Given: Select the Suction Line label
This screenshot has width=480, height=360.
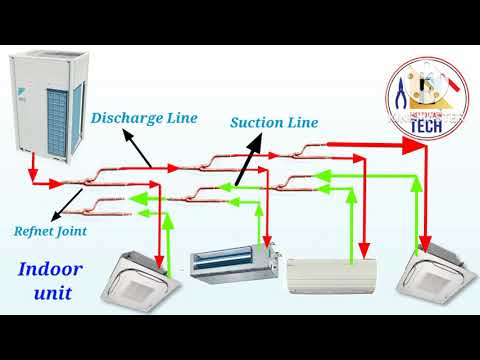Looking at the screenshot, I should pos(274,123).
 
